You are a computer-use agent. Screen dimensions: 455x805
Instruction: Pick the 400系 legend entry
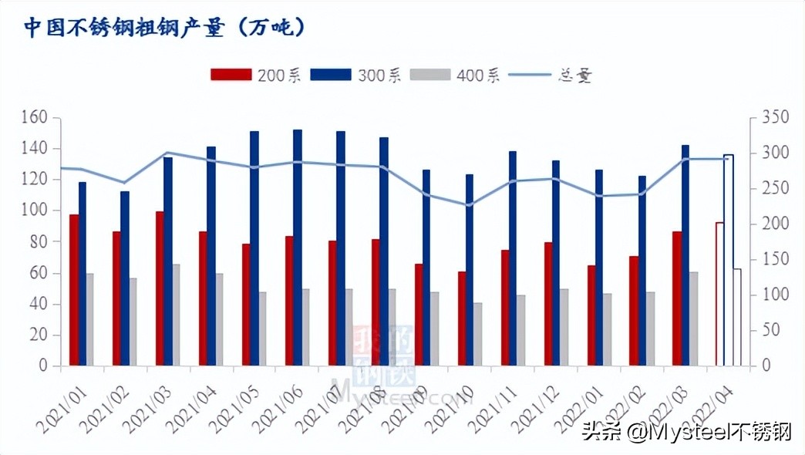(x=455, y=75)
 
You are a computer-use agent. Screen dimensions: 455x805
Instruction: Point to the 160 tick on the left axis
(x=35, y=117)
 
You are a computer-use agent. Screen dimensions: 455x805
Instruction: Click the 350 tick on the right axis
(x=775, y=117)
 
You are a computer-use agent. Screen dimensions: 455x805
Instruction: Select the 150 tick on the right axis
(x=775, y=259)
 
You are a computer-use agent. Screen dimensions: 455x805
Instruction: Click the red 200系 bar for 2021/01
(x=74, y=289)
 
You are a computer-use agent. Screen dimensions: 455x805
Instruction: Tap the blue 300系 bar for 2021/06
(x=298, y=247)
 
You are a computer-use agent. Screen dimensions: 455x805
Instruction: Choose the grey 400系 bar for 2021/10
(x=478, y=334)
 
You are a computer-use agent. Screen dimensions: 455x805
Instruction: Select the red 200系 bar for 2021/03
(x=160, y=288)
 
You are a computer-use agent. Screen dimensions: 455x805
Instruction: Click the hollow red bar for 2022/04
(x=719, y=294)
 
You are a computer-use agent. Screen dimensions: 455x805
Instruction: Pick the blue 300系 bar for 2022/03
(x=685, y=254)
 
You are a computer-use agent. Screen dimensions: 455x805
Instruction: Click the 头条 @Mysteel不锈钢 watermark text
(x=686, y=430)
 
